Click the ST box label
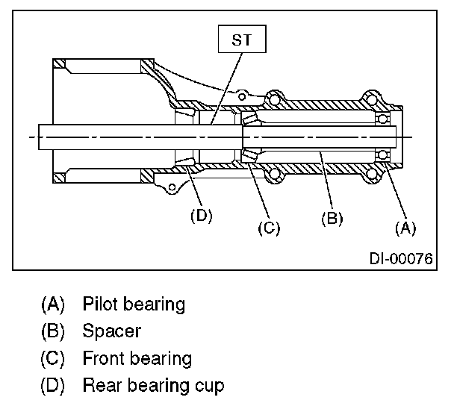(x=241, y=40)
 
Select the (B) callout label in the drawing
(x=332, y=219)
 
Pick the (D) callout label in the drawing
(x=201, y=216)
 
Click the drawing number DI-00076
(x=399, y=259)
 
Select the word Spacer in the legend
(x=112, y=331)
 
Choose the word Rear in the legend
(x=100, y=386)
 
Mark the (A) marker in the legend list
(x=53, y=304)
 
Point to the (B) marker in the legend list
(x=53, y=331)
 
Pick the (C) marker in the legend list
(x=53, y=358)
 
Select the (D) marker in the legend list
(x=53, y=386)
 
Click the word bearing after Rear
(x=158, y=387)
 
